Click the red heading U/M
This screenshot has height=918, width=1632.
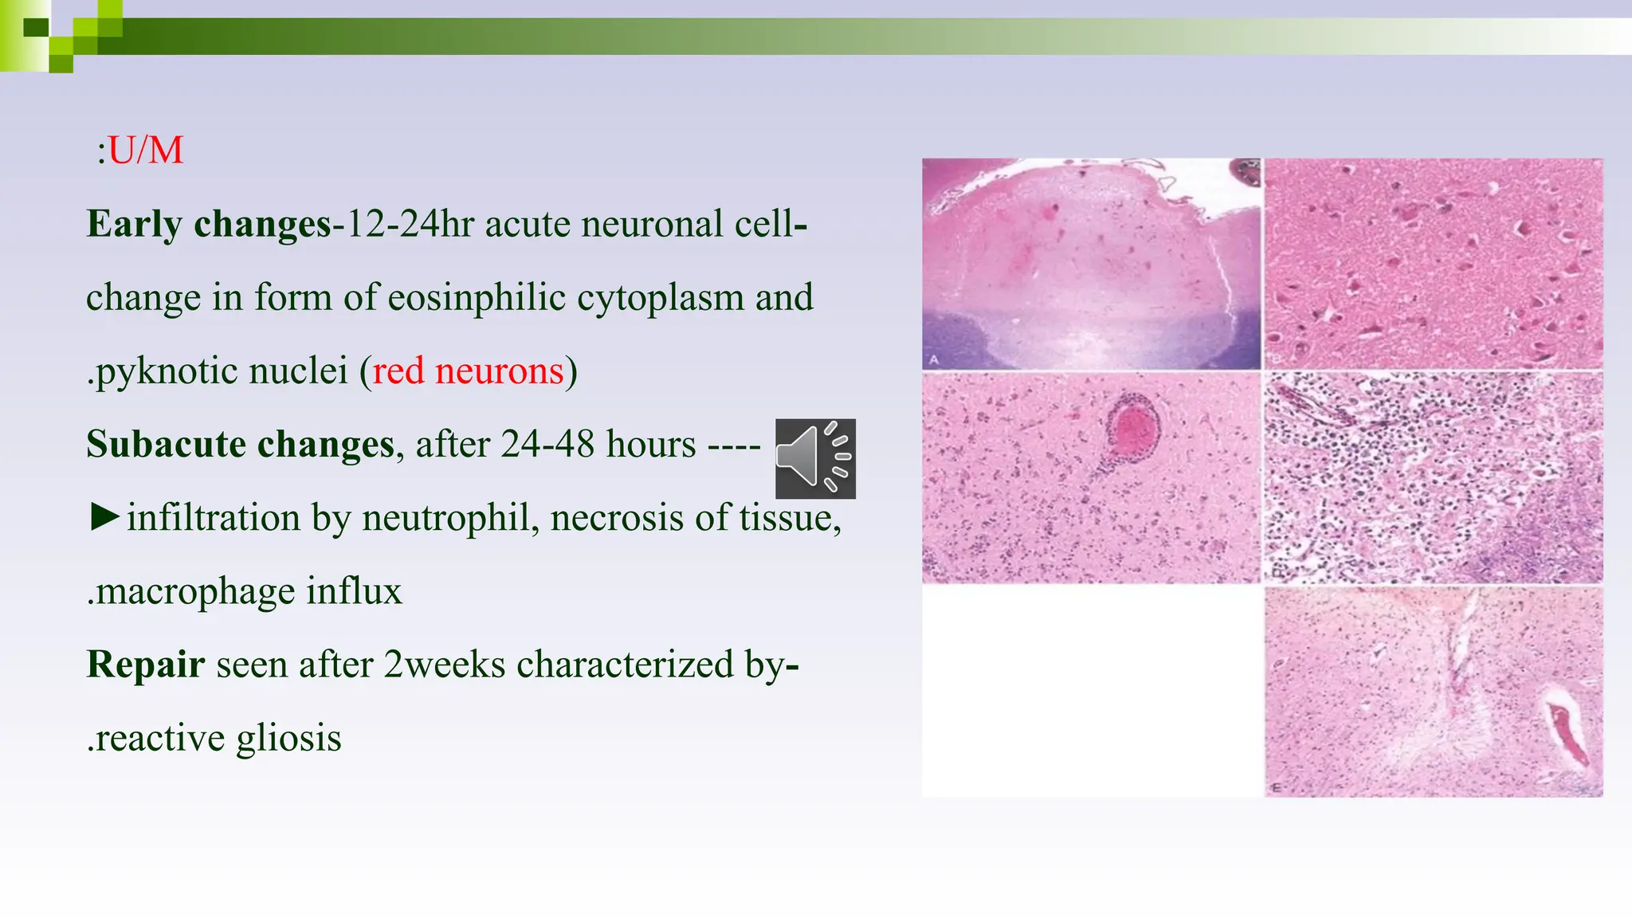pyautogui.click(x=145, y=150)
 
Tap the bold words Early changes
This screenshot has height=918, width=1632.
pyautogui.click(x=209, y=224)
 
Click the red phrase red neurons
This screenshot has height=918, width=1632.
pyautogui.click(x=468, y=371)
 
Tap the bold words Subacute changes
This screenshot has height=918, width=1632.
pyautogui.click(x=240, y=445)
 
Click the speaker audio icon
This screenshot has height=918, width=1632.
pyautogui.click(x=815, y=458)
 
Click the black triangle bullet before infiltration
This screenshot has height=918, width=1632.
pyautogui.click(x=104, y=517)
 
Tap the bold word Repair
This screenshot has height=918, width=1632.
pyautogui.click(x=145, y=665)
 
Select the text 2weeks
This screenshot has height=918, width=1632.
pyautogui.click(x=444, y=665)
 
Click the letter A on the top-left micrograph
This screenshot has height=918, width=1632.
pyautogui.click(x=934, y=359)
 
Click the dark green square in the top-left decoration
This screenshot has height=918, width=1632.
pyautogui.click(x=36, y=28)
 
